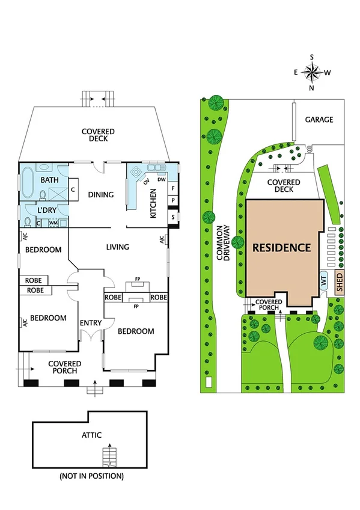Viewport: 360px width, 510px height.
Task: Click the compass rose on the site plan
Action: pyautogui.click(x=312, y=72)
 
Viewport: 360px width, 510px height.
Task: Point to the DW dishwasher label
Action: pyautogui.click(x=161, y=180)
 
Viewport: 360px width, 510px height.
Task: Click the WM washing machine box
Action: pyautogui.click(x=53, y=223)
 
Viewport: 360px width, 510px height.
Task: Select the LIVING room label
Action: pyautogui.click(x=118, y=247)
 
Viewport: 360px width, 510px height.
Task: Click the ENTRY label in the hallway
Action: pyautogui.click(x=91, y=323)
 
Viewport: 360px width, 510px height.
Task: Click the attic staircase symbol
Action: pyautogui.click(x=108, y=456)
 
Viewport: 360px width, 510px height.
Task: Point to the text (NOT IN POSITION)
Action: pyautogui.click(x=91, y=476)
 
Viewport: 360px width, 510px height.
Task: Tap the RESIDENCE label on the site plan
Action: pyautogui.click(x=281, y=247)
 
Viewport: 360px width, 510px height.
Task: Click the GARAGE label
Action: pyautogui.click(x=319, y=120)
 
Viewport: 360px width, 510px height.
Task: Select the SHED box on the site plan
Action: pyautogui.click(x=339, y=282)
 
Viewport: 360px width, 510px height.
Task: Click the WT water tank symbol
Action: pyautogui.click(x=323, y=281)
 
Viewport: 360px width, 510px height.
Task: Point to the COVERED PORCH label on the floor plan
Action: pyautogui.click(x=65, y=367)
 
